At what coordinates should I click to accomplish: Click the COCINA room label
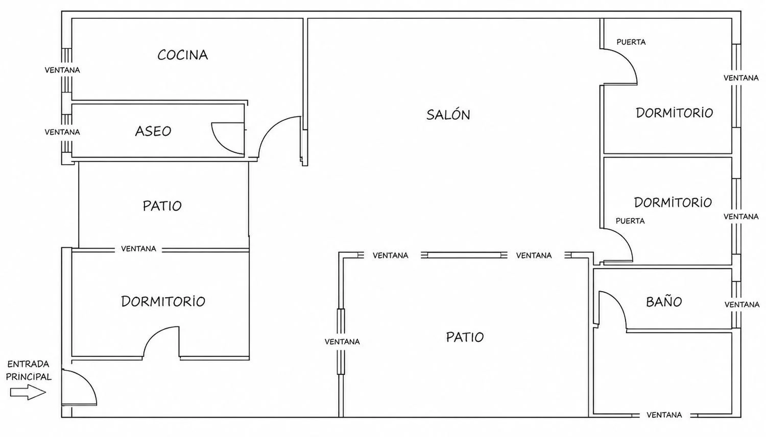[x=183, y=55]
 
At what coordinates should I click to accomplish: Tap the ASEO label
[x=153, y=131]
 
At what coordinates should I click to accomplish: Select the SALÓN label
[x=448, y=114]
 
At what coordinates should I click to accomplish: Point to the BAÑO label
[x=664, y=301]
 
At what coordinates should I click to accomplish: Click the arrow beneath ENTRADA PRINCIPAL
[x=28, y=392]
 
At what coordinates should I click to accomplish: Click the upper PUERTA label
[x=631, y=42]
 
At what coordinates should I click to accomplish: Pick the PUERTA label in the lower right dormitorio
[x=630, y=221]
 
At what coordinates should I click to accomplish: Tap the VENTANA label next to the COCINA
[x=62, y=70]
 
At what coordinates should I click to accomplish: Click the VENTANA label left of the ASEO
[x=62, y=132]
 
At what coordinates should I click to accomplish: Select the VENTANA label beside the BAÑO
[x=741, y=304]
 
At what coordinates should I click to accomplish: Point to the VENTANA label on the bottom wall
[x=664, y=415]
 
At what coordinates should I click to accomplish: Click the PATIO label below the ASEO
[x=162, y=206]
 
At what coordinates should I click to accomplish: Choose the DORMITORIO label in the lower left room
[x=163, y=301]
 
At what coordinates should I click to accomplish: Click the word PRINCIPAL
[x=29, y=377]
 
